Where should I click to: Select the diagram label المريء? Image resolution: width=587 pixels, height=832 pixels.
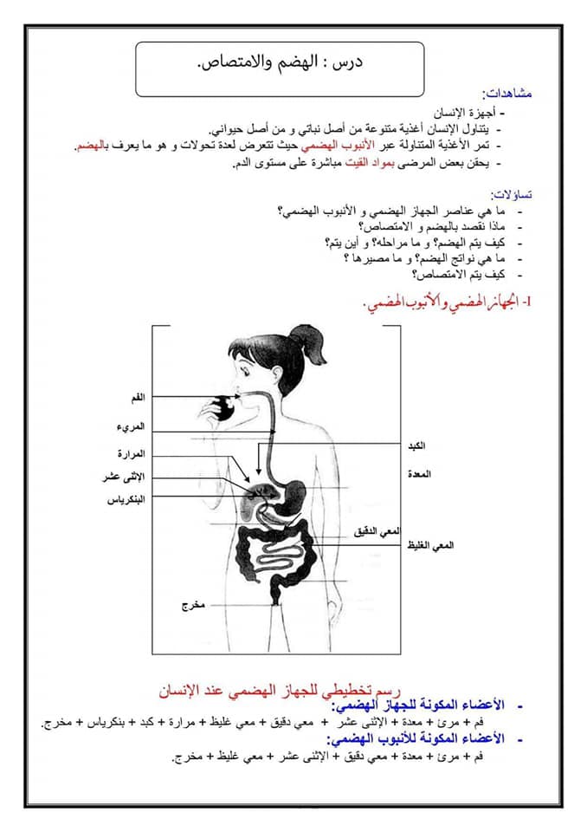[x=132, y=427]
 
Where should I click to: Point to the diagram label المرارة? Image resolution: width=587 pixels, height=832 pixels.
[x=131, y=454]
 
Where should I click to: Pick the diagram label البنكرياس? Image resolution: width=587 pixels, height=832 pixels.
[x=128, y=499]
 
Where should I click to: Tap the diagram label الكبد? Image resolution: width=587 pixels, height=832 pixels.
[x=416, y=445]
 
